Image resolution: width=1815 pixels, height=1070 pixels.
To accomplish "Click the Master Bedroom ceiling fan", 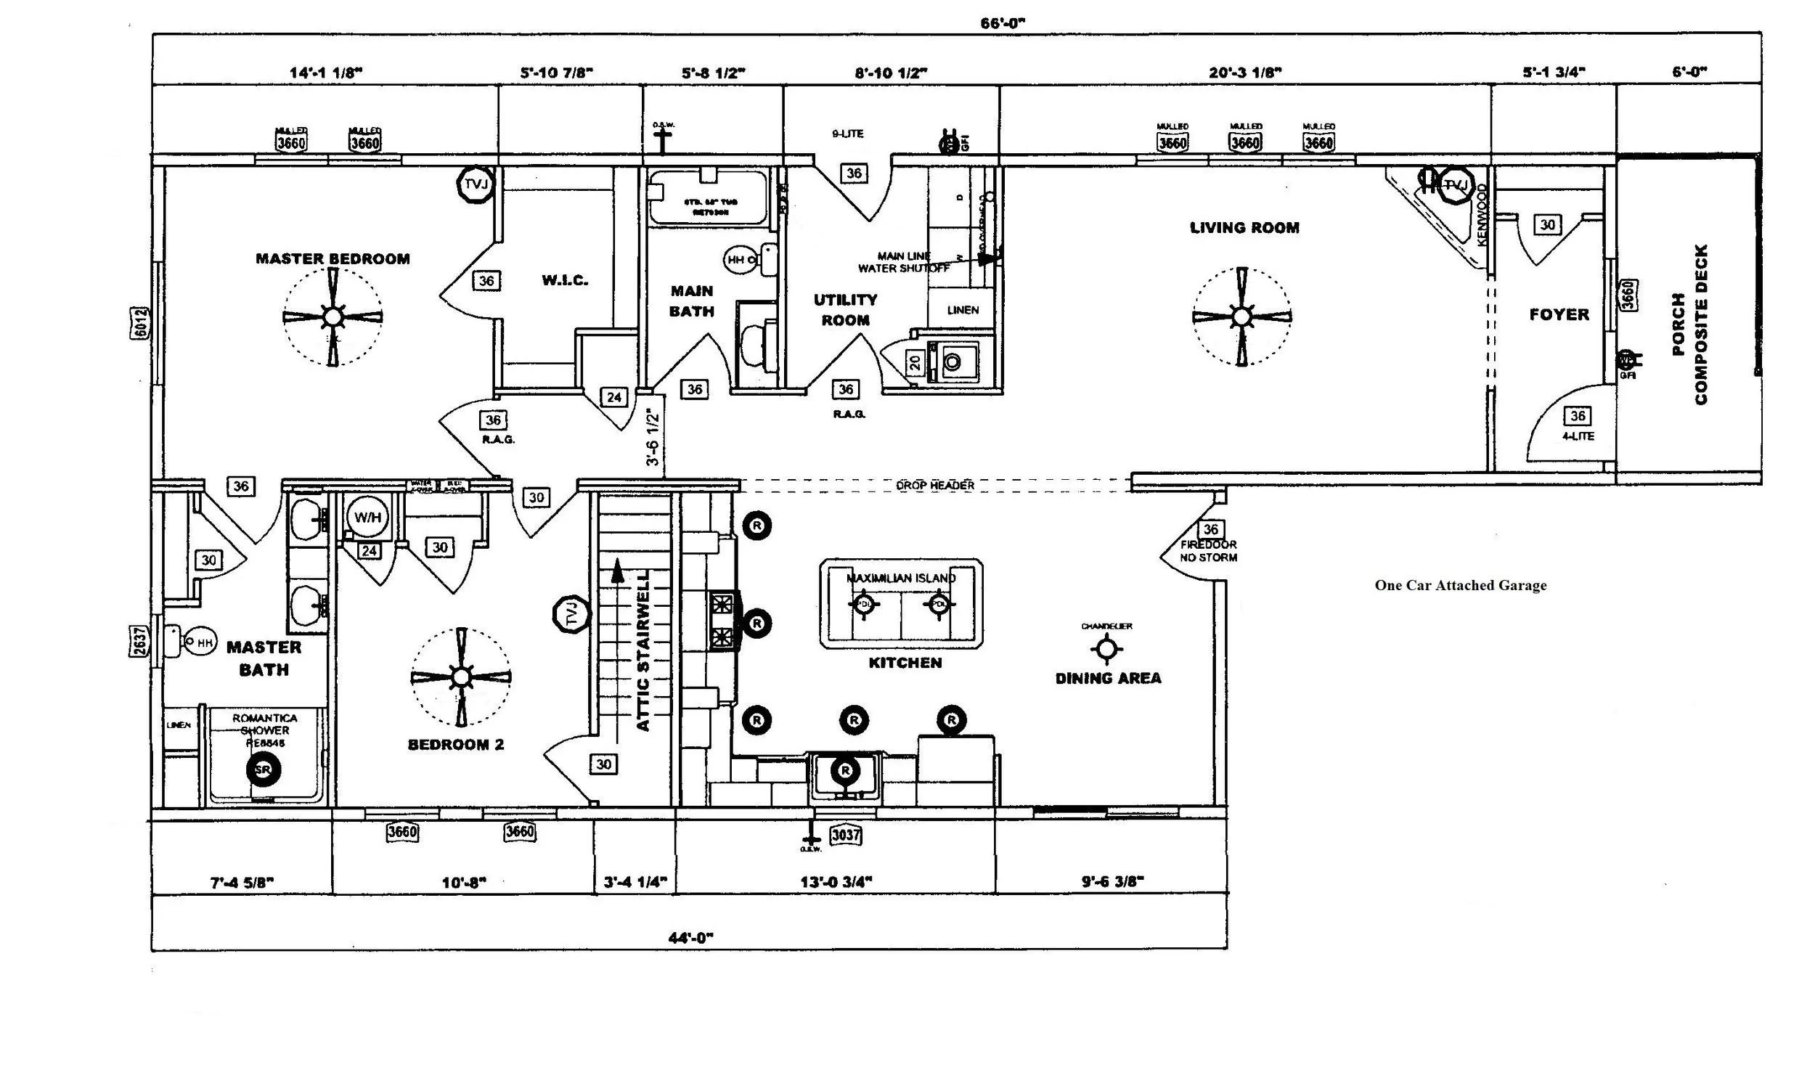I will (x=333, y=316).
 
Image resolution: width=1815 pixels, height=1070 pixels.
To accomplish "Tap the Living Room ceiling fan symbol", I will (x=1241, y=316).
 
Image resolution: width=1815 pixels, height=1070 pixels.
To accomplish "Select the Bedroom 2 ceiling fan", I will (x=461, y=677).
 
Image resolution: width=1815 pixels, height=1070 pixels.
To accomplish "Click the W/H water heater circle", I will (x=367, y=518).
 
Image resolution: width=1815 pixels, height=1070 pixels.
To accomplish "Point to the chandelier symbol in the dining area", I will (x=1106, y=648).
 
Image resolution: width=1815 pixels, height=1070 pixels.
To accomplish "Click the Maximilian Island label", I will (x=901, y=578).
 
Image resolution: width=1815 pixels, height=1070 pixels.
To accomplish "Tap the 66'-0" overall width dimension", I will (x=1002, y=23).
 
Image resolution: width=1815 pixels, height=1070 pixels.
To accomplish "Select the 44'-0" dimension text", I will (x=690, y=938).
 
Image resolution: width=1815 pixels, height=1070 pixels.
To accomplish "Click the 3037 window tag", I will (x=846, y=835).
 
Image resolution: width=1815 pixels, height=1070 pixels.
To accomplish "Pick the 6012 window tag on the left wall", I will (x=141, y=322).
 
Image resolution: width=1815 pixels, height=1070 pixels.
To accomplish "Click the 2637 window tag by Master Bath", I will (x=140, y=641).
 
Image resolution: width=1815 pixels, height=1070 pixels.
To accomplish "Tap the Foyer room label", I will (x=1559, y=314).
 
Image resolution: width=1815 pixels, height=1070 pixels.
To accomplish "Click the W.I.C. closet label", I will (x=564, y=280).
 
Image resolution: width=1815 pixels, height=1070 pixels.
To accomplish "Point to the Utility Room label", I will (x=845, y=310).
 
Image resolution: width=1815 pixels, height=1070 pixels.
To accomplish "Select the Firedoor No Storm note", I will (x=1208, y=550).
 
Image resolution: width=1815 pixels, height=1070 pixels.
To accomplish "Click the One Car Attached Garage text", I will (x=1460, y=585).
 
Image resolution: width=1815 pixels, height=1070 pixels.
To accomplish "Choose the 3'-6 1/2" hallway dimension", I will (x=653, y=437).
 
